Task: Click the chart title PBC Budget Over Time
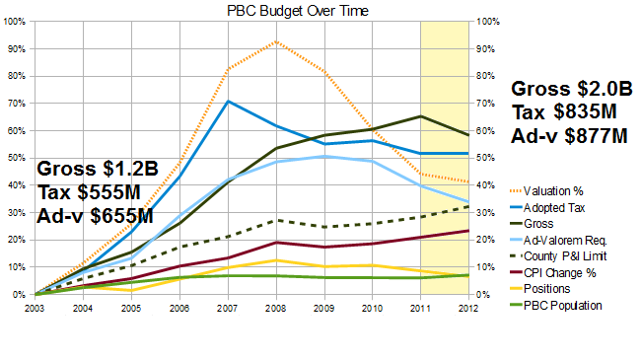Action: (298, 11)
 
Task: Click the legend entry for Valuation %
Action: (546, 191)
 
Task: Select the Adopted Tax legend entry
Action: (547, 208)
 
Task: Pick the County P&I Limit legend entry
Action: (558, 256)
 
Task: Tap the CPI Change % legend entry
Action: (553, 273)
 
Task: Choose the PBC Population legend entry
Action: (556, 306)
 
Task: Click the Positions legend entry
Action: (540, 289)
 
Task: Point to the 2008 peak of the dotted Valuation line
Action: (277, 41)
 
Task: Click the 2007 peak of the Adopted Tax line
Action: (228, 101)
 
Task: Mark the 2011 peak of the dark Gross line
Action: (421, 116)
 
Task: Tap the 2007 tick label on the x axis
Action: (227, 309)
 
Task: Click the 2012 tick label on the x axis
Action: (468, 309)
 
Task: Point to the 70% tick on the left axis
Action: (15, 104)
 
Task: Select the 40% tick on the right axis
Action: (485, 185)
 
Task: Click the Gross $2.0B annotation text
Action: (572, 89)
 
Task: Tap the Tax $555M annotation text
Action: (89, 192)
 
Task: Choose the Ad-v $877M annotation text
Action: (569, 136)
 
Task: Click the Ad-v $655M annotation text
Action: (95, 216)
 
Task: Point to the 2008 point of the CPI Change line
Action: (277, 243)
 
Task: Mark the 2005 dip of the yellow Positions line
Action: (131, 290)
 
